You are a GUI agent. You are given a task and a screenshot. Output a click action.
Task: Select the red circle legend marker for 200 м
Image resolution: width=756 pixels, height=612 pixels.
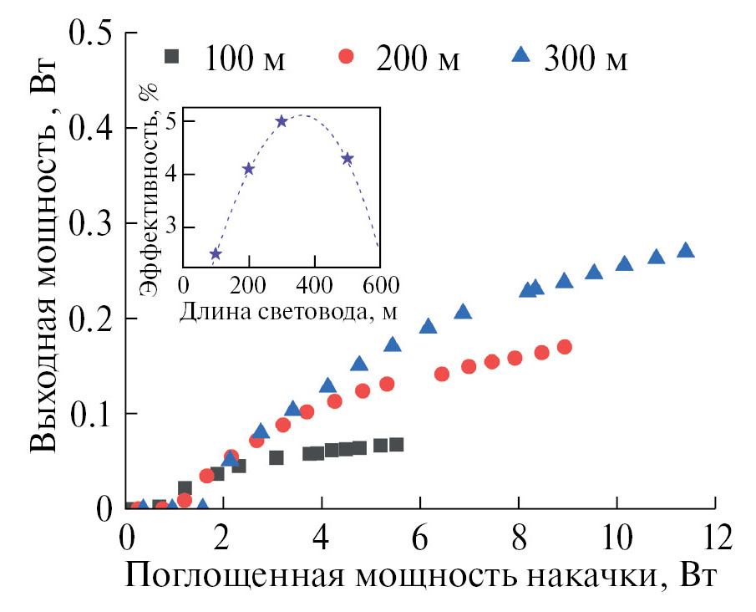(x=347, y=57)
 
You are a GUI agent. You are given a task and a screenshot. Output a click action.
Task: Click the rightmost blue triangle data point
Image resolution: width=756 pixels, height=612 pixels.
(x=685, y=250)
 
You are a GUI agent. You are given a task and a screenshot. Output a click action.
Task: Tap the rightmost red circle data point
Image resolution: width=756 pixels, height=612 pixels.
(x=564, y=347)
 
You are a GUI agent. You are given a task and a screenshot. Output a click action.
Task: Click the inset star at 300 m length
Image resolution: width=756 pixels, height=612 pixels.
(x=282, y=121)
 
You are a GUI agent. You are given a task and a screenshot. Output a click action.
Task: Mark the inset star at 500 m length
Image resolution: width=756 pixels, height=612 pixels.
(x=348, y=159)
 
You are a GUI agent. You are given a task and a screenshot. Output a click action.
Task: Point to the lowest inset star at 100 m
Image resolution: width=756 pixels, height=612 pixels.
(x=216, y=254)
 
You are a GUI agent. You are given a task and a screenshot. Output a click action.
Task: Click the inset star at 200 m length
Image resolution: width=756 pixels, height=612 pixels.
(x=248, y=169)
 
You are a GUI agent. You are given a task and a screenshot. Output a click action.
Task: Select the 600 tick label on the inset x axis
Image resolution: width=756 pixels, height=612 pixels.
(x=379, y=284)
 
